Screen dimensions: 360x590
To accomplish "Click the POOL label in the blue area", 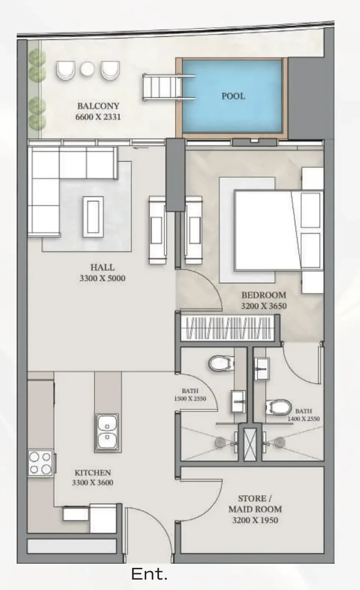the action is [x=233, y=96].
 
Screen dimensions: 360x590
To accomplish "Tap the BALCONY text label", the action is [x=98, y=106].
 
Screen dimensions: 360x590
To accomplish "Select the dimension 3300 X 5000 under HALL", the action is [x=102, y=278].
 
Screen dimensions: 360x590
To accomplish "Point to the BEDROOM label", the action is [x=264, y=295].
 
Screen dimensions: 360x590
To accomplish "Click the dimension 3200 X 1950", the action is [x=255, y=520].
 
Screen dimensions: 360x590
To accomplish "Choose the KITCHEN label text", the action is [x=93, y=473].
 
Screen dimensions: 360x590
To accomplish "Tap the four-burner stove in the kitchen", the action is [x=41, y=463].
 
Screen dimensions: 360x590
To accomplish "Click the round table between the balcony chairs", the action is [x=87, y=69].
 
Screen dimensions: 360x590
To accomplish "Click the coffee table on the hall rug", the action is [x=93, y=217].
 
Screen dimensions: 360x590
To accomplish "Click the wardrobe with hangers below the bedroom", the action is [x=228, y=328].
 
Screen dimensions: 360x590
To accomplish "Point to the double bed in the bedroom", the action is [x=279, y=230].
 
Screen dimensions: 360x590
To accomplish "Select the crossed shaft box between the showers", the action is [x=250, y=444].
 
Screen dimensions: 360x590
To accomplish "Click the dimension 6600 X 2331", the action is [x=98, y=116].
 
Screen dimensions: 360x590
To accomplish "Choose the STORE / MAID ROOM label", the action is [x=255, y=504].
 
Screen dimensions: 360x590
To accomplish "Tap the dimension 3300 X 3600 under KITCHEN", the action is [x=93, y=483].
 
